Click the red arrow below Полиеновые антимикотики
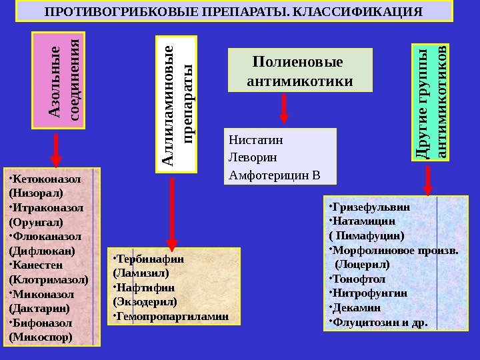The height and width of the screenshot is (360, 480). pos(285,109)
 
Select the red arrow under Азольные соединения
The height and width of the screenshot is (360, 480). pos(56,150)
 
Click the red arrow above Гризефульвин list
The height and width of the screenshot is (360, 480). pos(427,179)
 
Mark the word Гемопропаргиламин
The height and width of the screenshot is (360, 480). pos(173,315)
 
